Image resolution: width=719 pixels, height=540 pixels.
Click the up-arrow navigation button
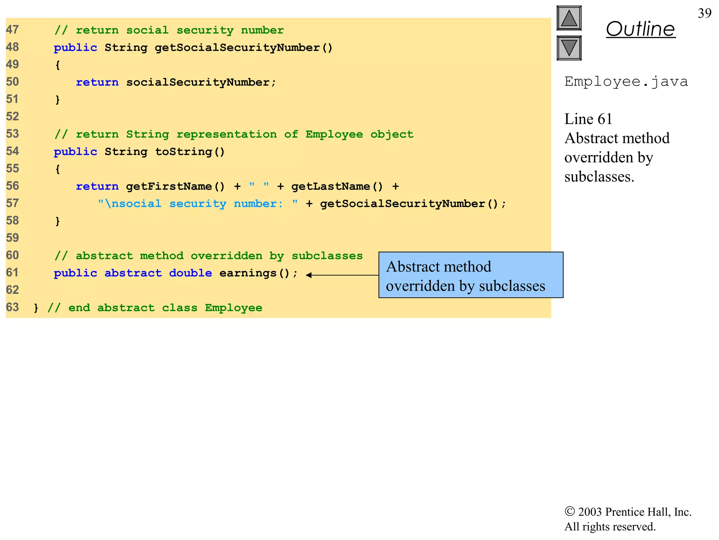[x=569, y=18]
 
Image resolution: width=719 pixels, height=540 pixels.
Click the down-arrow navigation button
[x=569, y=48]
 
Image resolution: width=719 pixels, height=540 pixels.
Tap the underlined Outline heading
[x=640, y=29]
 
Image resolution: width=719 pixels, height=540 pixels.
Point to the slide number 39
[x=704, y=13]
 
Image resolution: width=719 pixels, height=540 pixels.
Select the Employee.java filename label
[x=626, y=82]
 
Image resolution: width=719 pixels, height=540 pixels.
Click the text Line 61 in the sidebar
[x=588, y=119]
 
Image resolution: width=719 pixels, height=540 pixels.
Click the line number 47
[x=12, y=30]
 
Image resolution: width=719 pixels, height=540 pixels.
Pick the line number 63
[x=12, y=307]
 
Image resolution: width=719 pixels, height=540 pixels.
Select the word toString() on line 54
[x=190, y=152]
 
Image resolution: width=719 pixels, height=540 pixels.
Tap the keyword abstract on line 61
[x=133, y=273]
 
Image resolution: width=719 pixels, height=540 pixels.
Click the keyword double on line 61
[x=191, y=273]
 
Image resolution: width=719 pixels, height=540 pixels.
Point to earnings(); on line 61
[x=258, y=273]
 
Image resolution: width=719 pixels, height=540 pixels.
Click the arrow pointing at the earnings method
[x=342, y=275]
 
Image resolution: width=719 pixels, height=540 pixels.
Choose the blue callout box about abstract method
[x=470, y=275]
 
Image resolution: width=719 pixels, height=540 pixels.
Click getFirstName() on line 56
[x=175, y=186]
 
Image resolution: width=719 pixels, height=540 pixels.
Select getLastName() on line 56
[x=337, y=186]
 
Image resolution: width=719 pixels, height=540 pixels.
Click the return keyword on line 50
[x=97, y=82]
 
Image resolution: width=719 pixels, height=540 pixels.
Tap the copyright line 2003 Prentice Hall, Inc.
[x=628, y=512]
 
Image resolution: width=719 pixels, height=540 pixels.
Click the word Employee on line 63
[x=233, y=308]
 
